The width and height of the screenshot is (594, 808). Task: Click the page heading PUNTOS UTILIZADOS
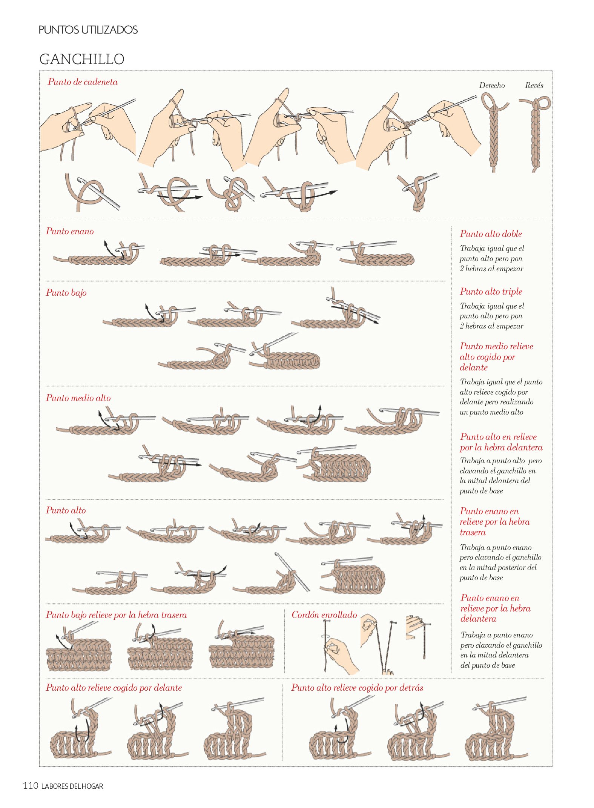pos(88,30)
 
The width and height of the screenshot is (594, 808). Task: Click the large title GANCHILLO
pos(82,59)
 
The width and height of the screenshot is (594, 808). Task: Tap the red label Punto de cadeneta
pos(83,82)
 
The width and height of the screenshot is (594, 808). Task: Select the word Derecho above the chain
pos(492,85)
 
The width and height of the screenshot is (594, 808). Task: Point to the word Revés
pos(534,85)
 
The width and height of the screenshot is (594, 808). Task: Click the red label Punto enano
pos(70,231)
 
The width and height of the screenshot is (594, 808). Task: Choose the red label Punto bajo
pos(66,293)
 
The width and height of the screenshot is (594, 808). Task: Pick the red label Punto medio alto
pos(78,398)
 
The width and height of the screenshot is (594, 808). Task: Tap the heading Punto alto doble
pos(491,234)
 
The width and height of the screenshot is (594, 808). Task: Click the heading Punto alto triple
pos(491,292)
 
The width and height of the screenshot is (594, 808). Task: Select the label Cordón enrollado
pos(324,615)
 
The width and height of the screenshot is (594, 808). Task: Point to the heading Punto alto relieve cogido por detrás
pos(357,688)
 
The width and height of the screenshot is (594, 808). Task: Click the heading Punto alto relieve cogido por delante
pos(114,688)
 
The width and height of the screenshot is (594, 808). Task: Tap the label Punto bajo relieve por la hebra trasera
pos(116,615)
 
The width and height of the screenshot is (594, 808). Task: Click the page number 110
pos(31,786)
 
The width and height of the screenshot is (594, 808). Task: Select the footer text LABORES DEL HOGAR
pos(72,786)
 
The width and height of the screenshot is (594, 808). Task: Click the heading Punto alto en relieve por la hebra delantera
pos(501,442)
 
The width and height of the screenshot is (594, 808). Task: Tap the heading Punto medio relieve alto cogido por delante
pos(496,357)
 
